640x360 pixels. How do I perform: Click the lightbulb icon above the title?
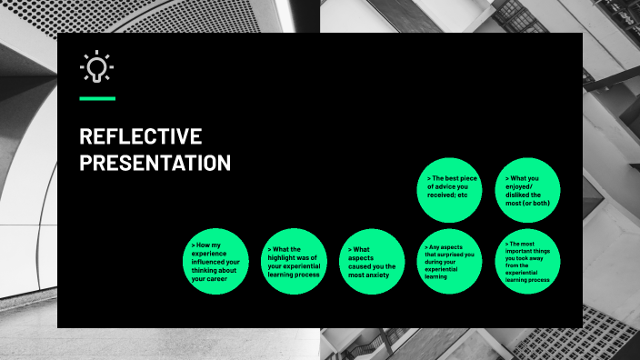pos(96,67)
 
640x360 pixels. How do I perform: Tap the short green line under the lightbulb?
pos(97,98)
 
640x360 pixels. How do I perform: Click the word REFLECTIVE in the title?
pos(140,137)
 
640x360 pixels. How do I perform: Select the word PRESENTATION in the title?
pos(155,164)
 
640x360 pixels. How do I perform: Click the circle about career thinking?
pos(215,262)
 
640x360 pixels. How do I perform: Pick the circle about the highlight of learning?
pos(294,262)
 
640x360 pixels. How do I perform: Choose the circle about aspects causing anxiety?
pos(372,262)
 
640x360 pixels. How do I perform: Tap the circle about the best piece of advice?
pos(450,189)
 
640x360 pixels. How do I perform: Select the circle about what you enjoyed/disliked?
pos(528,189)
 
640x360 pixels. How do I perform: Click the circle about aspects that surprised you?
pos(450,262)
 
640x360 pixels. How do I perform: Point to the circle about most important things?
pos(528,262)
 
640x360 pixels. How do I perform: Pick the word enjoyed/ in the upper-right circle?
pos(525,186)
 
